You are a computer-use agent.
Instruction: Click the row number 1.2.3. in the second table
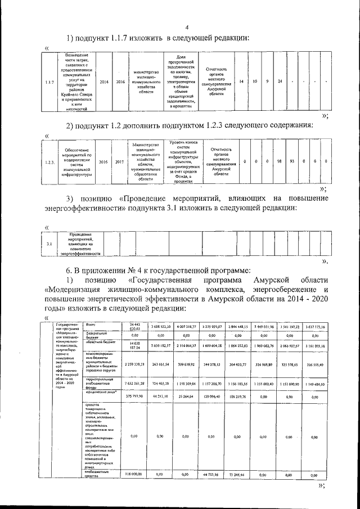click(x=49, y=162)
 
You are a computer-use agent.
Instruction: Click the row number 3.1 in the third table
click(x=49, y=244)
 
